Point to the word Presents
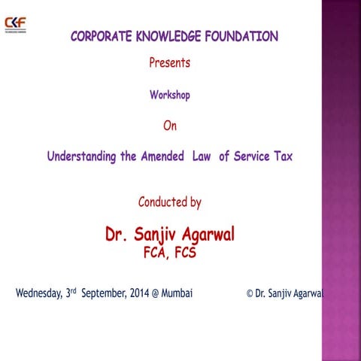[169, 63]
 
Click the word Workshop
[169, 96]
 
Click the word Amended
[165, 157]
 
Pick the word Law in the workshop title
[202, 157]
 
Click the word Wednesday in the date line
[38, 293]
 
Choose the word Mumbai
[177, 293]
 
